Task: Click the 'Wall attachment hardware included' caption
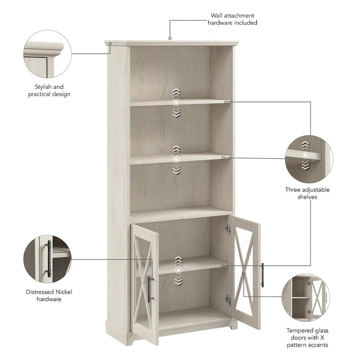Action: coord(232,19)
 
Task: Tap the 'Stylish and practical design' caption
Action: coord(49,90)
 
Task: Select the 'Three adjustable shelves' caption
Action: coord(307,193)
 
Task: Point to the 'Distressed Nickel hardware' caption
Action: coord(49,295)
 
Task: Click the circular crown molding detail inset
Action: coord(47,54)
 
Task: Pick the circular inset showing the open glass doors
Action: coord(306,297)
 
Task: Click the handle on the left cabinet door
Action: coord(150,289)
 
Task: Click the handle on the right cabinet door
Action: coord(262,274)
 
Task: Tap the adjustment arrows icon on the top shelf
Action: coord(176,103)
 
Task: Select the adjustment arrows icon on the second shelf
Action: coord(176,160)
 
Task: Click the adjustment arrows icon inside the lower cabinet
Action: coord(179,270)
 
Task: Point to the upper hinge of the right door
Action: coord(228,229)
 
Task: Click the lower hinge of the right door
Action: coord(228,300)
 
